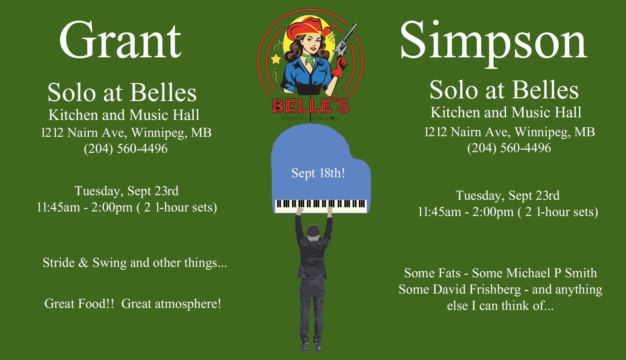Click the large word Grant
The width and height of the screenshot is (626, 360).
click(120, 40)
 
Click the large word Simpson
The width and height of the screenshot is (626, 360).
click(494, 42)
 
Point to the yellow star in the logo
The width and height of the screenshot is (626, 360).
click(276, 59)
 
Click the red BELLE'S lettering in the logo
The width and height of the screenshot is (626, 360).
click(310, 106)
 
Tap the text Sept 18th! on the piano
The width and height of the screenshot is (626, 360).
click(318, 173)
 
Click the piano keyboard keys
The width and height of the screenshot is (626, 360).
click(321, 206)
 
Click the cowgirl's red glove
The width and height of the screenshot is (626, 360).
click(339, 68)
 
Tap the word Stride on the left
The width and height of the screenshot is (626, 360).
click(59, 263)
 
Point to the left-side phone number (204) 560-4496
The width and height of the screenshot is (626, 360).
click(126, 149)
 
